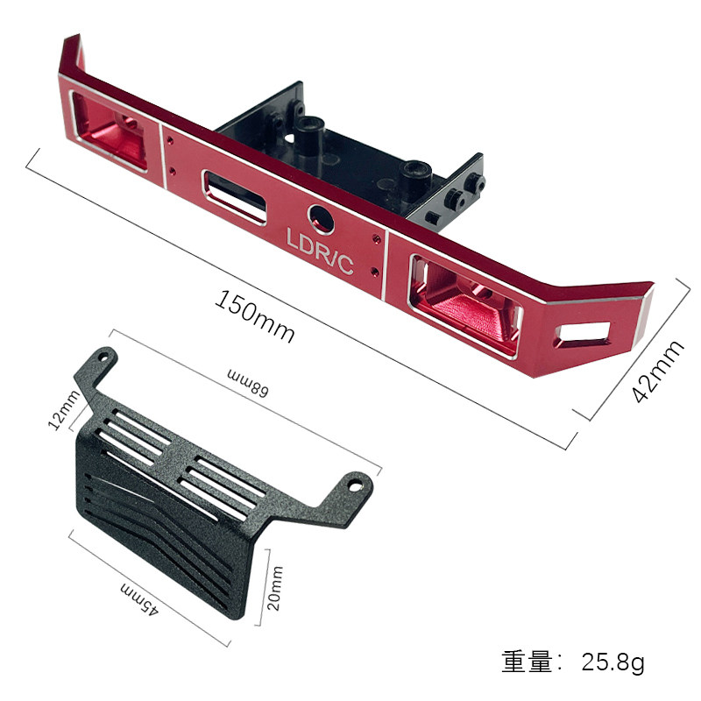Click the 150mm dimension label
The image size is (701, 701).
(x=254, y=315)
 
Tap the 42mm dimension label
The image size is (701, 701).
(x=657, y=372)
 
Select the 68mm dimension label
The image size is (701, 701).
(x=247, y=382)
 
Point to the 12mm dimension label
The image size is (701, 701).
(x=64, y=410)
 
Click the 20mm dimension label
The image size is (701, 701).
(x=275, y=588)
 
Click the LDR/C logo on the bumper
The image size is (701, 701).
(x=320, y=252)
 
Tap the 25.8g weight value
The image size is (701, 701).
(x=612, y=662)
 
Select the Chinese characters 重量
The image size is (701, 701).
(x=528, y=662)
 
